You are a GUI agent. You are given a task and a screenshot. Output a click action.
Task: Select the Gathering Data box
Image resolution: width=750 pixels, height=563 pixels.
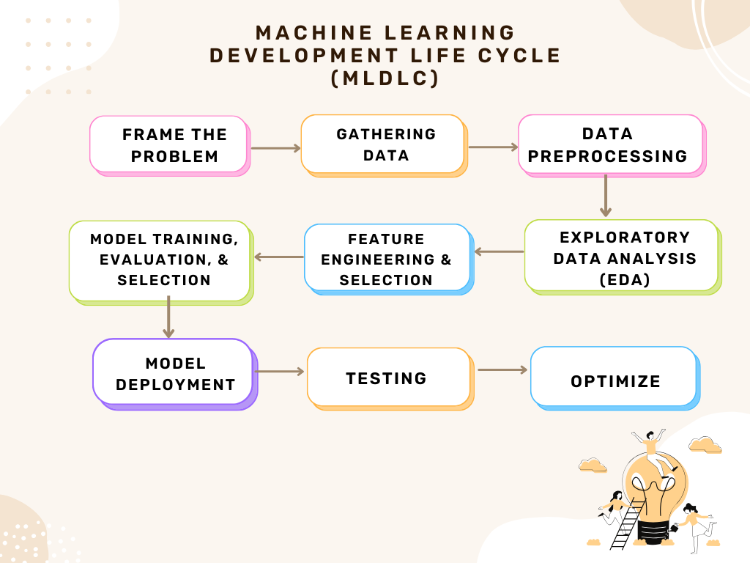383,144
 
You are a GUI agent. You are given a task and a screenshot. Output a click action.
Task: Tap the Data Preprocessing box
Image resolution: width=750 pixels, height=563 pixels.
611,144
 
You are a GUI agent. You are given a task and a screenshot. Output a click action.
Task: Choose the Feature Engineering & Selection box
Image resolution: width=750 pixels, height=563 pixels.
387,258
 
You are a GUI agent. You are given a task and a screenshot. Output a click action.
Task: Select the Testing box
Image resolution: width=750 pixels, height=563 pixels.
387,378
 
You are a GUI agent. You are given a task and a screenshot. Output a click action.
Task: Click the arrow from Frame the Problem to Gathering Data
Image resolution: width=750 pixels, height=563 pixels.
275,148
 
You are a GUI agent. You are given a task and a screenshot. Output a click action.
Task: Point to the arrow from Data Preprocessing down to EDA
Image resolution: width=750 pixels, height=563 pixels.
606,196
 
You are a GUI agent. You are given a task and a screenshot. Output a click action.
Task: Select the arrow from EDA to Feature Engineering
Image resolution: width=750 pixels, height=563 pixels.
499,251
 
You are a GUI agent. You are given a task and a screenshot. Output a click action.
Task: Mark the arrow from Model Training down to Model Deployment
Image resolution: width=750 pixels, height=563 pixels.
168,317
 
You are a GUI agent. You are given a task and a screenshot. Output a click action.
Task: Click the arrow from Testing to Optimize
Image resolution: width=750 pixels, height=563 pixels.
502,370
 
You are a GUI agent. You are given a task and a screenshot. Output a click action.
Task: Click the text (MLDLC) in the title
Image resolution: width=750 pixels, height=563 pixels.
385,78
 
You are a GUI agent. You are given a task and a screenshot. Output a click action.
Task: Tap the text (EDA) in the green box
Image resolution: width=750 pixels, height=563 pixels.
624,279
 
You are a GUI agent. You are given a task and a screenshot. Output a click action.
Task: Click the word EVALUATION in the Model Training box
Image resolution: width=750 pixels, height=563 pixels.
149,260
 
